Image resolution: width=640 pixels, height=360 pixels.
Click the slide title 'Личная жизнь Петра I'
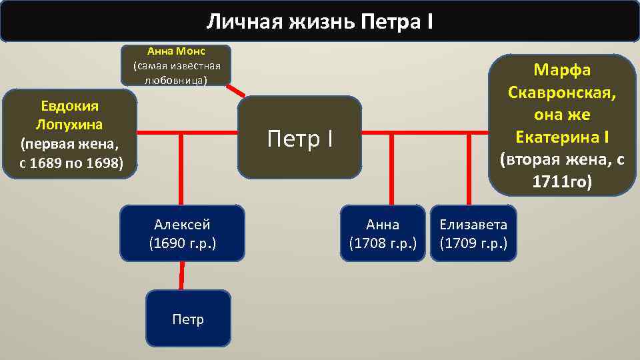tap(319, 21)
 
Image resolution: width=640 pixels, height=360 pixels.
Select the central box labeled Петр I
tap(299, 139)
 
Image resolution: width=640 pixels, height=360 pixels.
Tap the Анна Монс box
tap(176, 65)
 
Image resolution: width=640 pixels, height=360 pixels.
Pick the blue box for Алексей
tap(182, 233)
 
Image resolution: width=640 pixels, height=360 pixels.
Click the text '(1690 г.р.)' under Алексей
tap(182, 243)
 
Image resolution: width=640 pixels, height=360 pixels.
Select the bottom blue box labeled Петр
tap(188, 319)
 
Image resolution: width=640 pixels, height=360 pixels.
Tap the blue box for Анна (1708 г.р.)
tap(383, 233)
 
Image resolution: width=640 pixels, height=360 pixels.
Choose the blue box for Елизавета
tap(473, 233)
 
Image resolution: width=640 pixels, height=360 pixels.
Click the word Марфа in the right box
tap(562, 71)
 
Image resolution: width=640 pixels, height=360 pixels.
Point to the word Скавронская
tap(562, 93)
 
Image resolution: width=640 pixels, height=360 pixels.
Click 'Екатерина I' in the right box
tap(562, 137)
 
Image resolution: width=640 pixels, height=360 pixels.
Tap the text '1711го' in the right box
tap(562, 181)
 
